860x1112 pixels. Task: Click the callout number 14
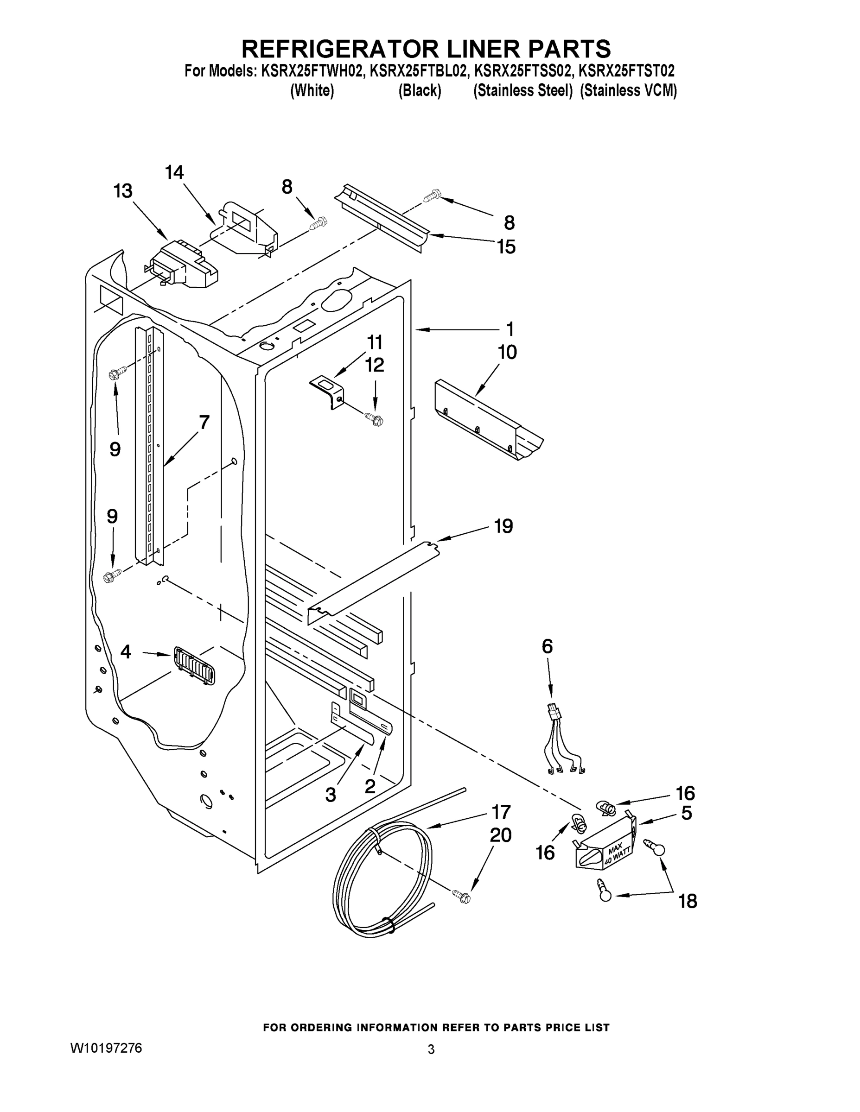tap(174, 173)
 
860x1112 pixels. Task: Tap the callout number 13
tap(123, 191)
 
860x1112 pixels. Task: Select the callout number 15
tap(506, 246)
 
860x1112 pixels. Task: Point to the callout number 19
tap(503, 526)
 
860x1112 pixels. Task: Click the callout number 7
tap(204, 422)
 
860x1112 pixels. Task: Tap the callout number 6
tap(547, 646)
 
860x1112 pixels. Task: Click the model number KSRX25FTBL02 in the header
tap(418, 70)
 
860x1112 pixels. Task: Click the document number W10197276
tap(106, 1048)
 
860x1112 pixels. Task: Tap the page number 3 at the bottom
tap(431, 1049)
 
